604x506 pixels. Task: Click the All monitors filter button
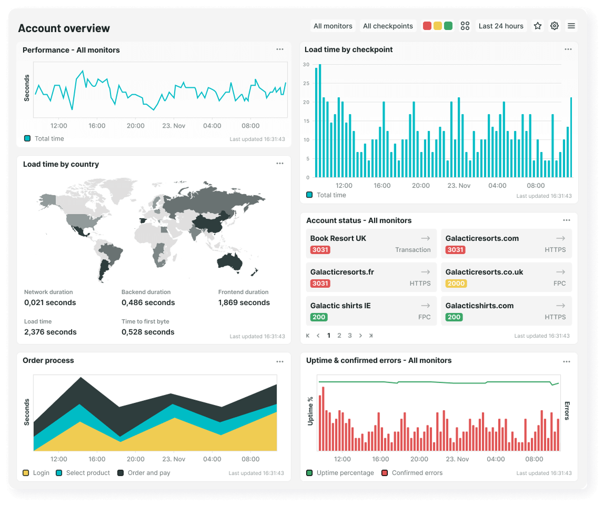tap(333, 26)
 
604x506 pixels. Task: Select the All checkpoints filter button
tap(388, 26)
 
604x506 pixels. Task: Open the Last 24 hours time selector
tap(501, 26)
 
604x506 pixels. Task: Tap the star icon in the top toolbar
tap(537, 26)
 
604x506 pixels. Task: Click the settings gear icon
tap(554, 26)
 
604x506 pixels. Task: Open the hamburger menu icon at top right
tap(571, 26)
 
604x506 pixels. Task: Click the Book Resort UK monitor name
tap(338, 238)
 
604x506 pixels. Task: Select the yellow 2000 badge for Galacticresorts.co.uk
tap(456, 284)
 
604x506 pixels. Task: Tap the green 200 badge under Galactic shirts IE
tap(318, 317)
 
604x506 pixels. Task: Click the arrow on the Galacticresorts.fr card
tap(425, 272)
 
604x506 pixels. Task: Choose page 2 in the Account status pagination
tap(339, 336)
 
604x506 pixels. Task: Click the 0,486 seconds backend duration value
tap(148, 303)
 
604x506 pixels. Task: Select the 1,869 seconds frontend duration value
tap(244, 303)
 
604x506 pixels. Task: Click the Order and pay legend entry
tap(149, 473)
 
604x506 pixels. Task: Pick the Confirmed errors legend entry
tap(417, 473)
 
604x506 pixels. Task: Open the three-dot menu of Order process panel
tap(280, 361)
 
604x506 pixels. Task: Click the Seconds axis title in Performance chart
tap(27, 88)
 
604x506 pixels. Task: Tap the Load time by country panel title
tap(61, 165)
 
